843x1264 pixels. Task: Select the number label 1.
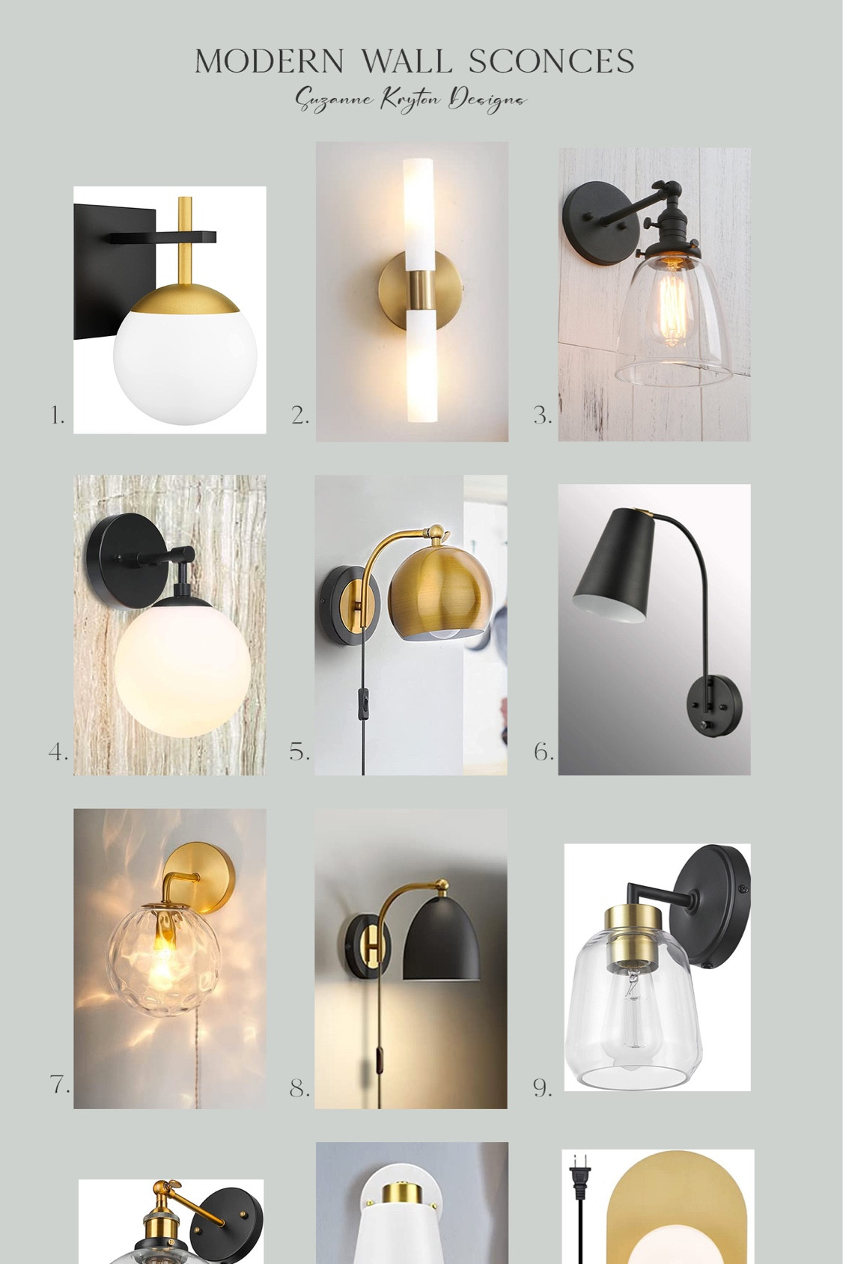(x=58, y=416)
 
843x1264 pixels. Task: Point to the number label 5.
(x=299, y=752)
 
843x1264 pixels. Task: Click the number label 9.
(x=542, y=1088)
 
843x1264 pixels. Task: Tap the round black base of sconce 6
(x=716, y=705)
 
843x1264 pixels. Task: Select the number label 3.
(x=542, y=416)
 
